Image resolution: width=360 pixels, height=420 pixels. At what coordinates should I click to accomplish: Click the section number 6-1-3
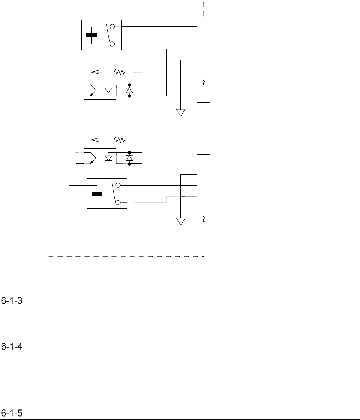point(11,301)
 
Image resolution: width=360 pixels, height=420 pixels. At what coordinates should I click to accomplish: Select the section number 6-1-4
point(12,347)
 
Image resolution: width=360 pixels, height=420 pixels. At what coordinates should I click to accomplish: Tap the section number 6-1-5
point(12,413)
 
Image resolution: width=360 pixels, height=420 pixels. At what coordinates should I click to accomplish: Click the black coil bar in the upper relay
point(91,35)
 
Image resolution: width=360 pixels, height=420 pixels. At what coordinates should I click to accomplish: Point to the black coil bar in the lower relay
point(97,194)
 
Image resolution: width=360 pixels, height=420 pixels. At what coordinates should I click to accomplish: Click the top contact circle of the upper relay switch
point(112,27)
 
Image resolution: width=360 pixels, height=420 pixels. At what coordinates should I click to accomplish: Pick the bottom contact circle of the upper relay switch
point(112,44)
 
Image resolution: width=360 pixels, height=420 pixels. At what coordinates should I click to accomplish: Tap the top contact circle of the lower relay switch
point(118,185)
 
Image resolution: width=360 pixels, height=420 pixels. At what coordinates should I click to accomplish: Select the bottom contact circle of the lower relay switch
point(118,202)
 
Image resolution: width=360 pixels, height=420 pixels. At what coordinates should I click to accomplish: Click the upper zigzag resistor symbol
point(120,71)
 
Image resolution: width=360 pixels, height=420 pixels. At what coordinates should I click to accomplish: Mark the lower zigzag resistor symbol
point(120,140)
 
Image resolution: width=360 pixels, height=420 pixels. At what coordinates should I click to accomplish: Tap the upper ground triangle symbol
point(181,112)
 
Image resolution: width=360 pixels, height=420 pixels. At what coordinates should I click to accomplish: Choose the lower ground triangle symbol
point(181,221)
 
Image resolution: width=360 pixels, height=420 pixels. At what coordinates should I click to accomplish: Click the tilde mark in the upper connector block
point(203,83)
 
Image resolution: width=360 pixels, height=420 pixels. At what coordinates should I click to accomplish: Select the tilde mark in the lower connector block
point(203,219)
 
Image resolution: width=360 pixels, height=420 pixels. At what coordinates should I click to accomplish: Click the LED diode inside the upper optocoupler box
point(109,91)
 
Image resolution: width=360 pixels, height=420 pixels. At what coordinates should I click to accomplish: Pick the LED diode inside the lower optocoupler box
point(109,158)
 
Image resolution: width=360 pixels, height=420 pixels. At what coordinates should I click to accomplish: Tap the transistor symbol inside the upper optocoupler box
point(92,91)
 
